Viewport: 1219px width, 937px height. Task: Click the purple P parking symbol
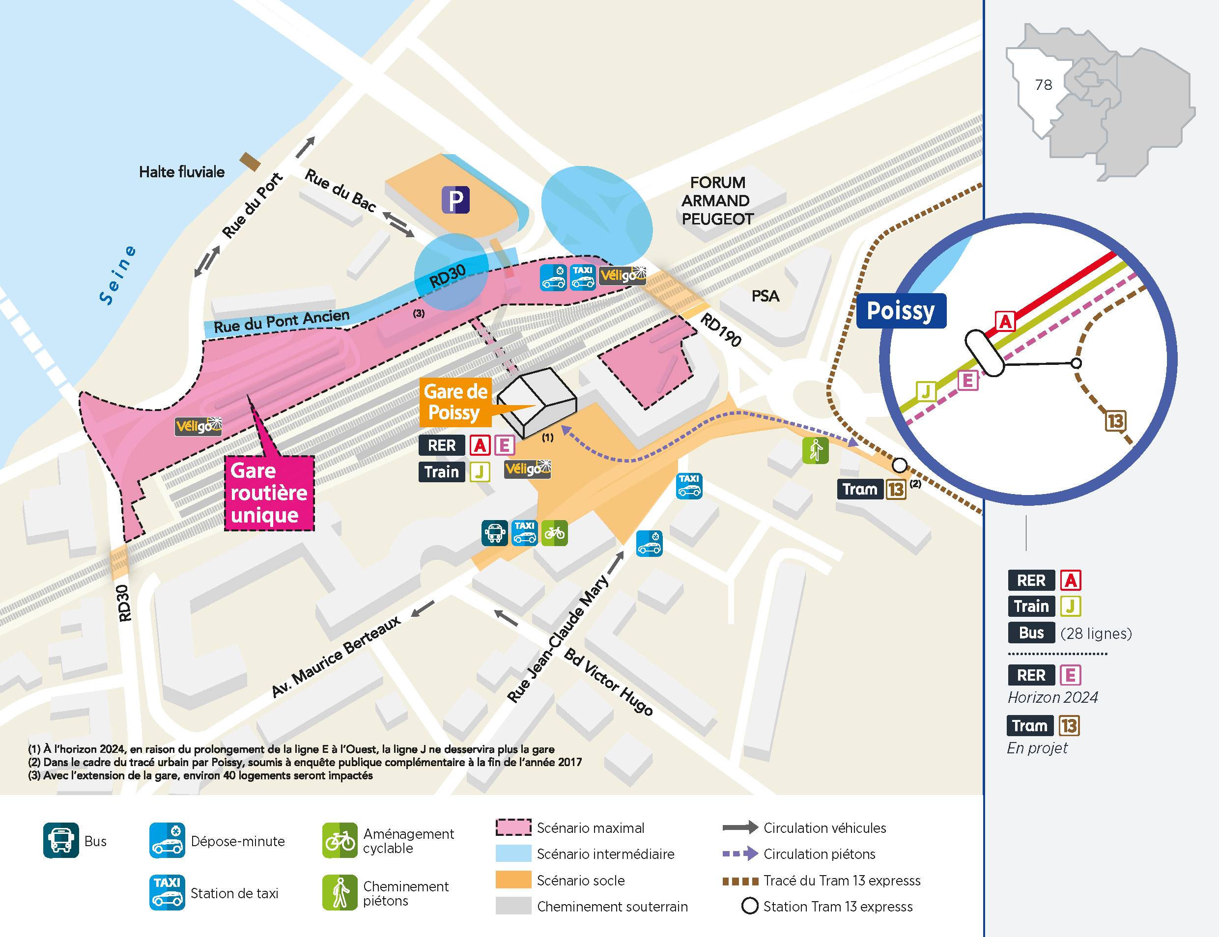[455, 200]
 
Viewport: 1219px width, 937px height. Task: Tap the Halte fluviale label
[181, 172]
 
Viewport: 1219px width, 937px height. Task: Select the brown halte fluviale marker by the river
[250, 162]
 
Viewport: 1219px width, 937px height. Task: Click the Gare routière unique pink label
[269, 493]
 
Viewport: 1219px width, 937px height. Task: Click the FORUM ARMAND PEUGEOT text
[717, 201]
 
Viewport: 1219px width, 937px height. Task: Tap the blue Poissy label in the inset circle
[901, 311]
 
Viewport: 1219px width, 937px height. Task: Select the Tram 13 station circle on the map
[899, 465]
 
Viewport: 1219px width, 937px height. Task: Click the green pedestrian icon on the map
[815, 450]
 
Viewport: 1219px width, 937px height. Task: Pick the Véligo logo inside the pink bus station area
[198, 426]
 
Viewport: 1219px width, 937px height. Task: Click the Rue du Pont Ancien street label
[282, 322]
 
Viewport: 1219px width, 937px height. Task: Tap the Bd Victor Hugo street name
[608, 682]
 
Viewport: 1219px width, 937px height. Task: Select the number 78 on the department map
[1043, 85]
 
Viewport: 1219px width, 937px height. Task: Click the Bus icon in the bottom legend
[61, 841]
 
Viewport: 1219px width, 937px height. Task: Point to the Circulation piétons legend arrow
[740, 854]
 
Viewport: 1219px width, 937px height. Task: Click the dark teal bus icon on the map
[494, 533]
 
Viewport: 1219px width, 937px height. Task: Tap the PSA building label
[765, 296]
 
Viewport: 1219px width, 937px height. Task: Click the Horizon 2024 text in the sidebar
[1052, 697]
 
